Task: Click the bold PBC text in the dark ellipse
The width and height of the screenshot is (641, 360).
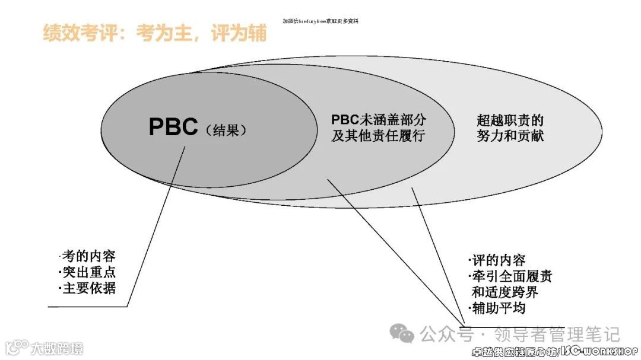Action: coord(173,127)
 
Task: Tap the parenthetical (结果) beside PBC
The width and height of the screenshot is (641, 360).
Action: coord(226,130)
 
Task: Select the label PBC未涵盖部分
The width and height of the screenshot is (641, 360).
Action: coord(379,120)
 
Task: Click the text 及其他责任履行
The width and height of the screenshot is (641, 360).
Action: coord(379,135)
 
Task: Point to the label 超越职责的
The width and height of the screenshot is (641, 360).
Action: coord(510,120)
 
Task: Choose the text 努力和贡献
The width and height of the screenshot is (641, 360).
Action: coord(510,135)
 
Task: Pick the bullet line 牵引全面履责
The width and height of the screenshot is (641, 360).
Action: coord(510,276)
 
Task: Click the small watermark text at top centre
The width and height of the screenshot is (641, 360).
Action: coord(320,21)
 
